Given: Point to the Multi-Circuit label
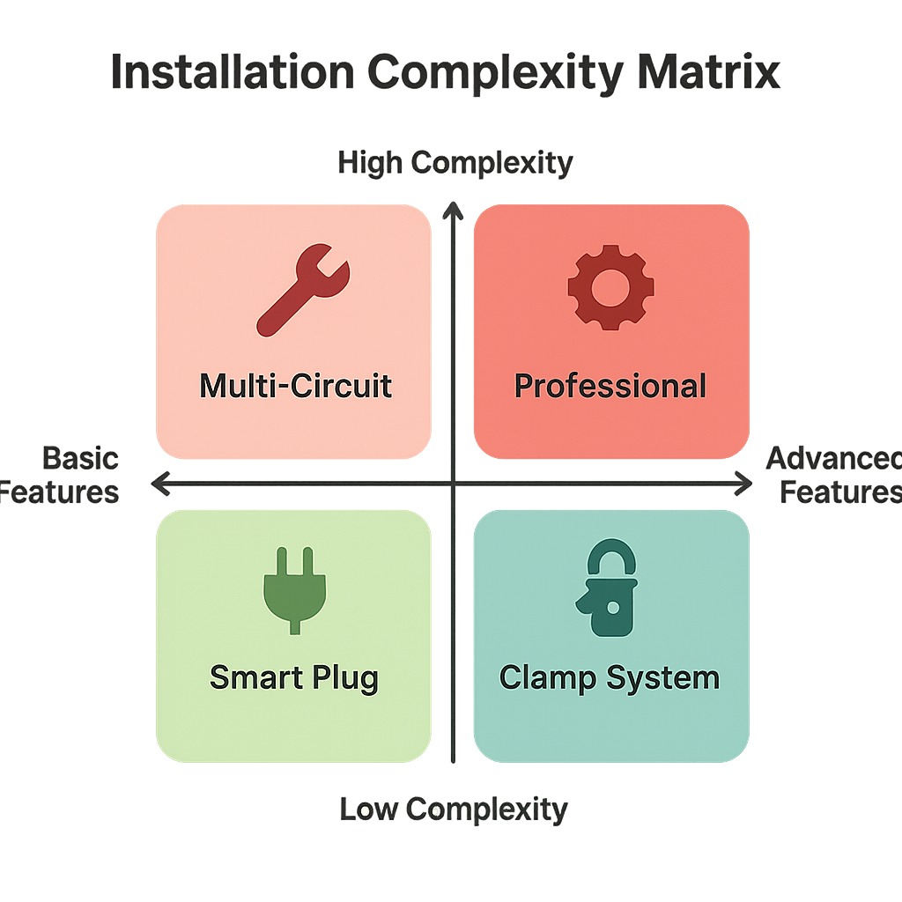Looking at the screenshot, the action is coord(295,386).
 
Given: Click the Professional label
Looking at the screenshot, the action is coord(610,386).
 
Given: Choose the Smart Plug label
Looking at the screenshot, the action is coord(294,677).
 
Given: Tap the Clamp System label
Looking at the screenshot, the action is coord(610,677).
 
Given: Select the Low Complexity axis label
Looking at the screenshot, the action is coord(454,808).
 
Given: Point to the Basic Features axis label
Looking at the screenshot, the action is coord(62,475).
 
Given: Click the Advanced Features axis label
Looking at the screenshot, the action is coord(837,475).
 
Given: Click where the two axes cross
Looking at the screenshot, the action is coord(453,483).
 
